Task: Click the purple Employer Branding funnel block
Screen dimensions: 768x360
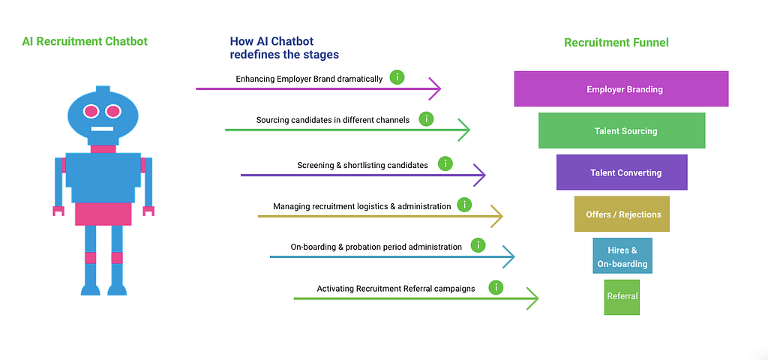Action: [621, 88]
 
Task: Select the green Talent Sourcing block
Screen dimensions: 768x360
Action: [622, 130]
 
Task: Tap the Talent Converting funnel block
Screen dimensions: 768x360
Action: [622, 172]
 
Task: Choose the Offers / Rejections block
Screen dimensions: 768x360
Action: [622, 214]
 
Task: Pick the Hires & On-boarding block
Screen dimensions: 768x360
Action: [622, 256]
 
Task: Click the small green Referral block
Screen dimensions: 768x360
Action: [622, 297]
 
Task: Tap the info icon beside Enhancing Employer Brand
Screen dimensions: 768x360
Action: [397, 77]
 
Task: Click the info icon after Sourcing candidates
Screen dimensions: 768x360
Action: [427, 118]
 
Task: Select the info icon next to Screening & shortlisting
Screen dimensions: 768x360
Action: [445, 164]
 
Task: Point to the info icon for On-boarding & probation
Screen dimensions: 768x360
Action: [478, 245]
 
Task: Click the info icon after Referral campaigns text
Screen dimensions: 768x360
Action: [496, 287]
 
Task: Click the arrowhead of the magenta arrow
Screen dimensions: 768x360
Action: [435, 88]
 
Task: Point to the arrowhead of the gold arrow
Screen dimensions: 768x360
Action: [496, 216]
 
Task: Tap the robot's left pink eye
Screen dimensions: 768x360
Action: [91, 111]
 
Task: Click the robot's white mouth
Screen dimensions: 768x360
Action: [102, 129]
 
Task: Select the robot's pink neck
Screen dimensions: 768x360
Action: [102, 149]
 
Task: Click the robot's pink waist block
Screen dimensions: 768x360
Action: [103, 214]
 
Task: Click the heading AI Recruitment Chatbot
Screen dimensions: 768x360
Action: [85, 41]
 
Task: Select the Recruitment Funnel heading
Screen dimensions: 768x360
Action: [616, 43]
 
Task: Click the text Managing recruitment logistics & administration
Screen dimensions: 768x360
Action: [362, 206]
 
